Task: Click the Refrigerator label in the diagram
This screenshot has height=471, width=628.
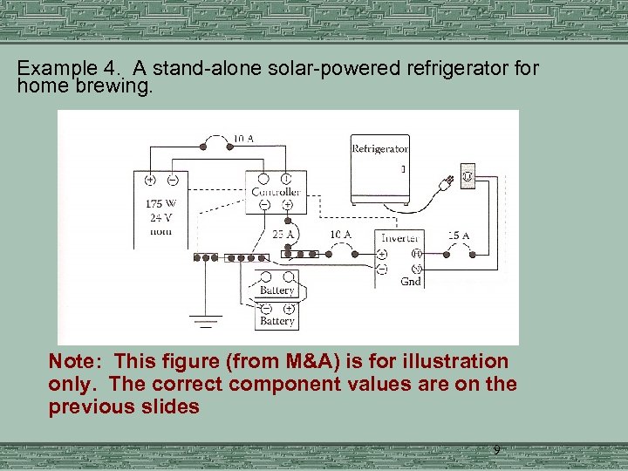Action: tap(379, 148)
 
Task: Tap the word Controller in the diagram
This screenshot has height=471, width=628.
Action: tap(276, 192)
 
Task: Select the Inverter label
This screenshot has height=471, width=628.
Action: tap(400, 237)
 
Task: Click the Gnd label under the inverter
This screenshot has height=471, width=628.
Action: tap(410, 282)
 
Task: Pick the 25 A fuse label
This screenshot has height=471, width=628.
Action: tap(281, 235)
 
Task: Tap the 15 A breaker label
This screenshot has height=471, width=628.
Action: tap(458, 235)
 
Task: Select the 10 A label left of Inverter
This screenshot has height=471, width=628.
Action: tap(340, 235)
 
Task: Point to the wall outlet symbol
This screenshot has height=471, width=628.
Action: tap(467, 177)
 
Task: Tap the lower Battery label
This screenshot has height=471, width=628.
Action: tap(276, 321)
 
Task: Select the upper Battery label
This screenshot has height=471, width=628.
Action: tap(276, 290)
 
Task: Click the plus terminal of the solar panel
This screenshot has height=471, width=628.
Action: tap(150, 181)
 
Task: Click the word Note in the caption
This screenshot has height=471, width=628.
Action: tap(77, 361)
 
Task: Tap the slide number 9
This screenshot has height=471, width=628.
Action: tap(496, 450)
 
